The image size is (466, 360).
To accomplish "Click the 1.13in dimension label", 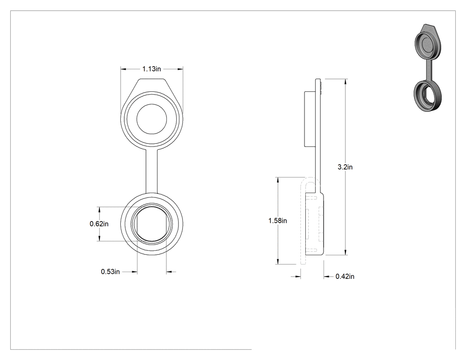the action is (152, 69).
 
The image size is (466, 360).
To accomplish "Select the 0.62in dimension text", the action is (99, 224).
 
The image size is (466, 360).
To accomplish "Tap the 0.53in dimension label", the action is (110, 272).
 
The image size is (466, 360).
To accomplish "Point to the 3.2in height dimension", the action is (345, 167).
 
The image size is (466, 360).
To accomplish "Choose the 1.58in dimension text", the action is (277, 221).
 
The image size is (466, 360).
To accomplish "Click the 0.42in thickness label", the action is (345, 277).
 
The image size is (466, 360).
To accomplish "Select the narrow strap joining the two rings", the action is (152, 171).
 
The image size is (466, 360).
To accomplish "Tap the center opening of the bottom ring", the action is (152, 224).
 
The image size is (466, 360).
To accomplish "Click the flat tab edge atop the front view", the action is (152, 79).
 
